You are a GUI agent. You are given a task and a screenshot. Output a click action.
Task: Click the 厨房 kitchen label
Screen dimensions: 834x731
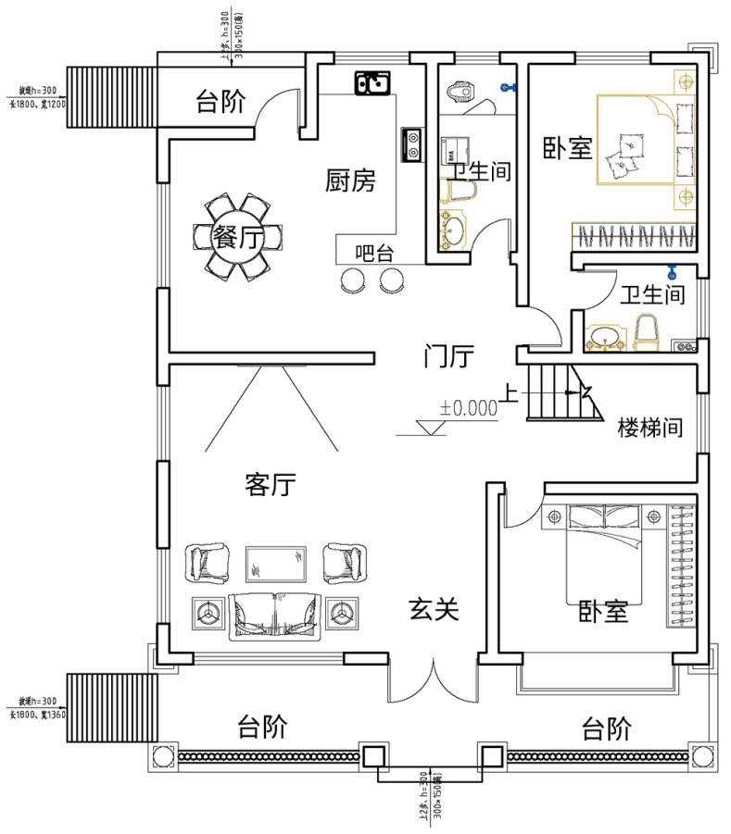click(350, 180)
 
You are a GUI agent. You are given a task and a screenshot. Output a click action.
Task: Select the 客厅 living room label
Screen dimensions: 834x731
click(271, 485)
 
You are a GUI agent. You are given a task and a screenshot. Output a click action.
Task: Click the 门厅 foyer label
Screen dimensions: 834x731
click(449, 355)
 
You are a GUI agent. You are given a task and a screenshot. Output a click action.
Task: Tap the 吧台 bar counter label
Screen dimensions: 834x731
click(374, 252)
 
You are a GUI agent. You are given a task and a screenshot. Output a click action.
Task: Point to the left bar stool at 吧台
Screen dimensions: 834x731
click(353, 280)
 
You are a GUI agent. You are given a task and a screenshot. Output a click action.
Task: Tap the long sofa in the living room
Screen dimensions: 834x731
click(275, 612)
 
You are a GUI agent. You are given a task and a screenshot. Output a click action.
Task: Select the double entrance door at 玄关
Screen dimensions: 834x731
click(434, 683)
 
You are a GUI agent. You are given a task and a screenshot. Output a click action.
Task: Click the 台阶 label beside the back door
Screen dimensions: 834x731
click(220, 102)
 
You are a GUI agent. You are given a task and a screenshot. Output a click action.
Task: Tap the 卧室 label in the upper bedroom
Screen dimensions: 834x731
click(567, 148)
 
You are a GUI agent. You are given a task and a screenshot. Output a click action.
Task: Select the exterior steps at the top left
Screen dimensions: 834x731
click(109, 95)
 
